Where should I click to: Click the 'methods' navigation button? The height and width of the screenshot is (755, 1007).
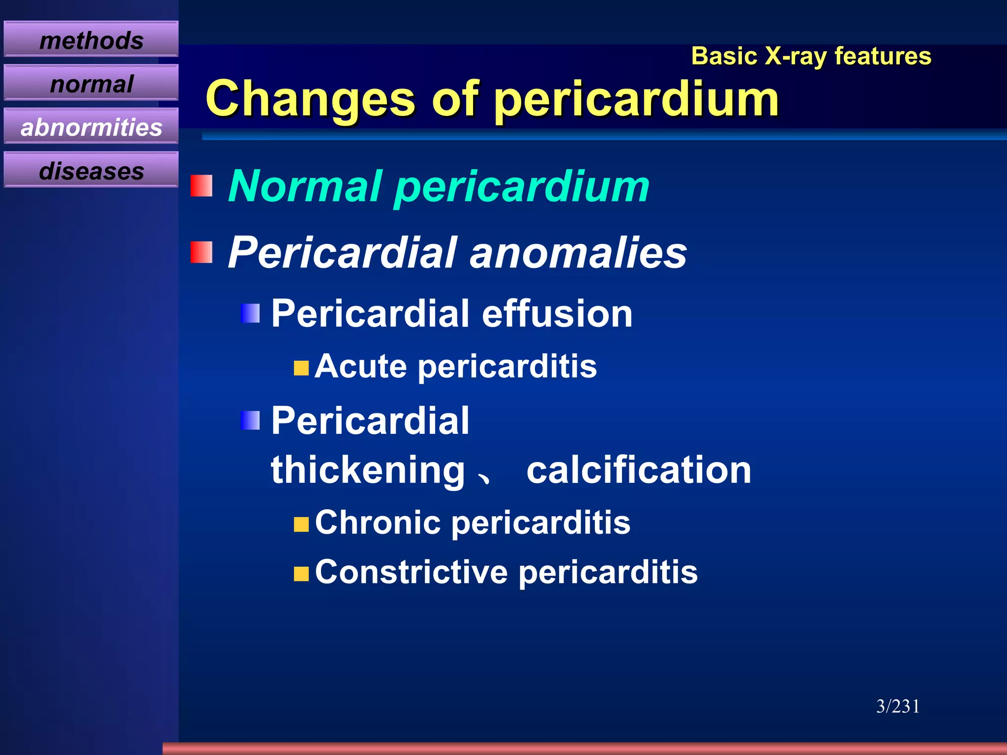(91, 40)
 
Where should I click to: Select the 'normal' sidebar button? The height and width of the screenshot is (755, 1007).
(91, 84)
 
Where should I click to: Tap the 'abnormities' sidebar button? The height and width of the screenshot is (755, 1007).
(91, 127)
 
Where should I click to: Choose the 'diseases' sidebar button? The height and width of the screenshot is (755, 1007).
(91, 171)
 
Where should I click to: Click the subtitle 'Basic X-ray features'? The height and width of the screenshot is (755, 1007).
(811, 56)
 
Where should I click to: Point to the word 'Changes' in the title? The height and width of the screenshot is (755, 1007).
(310, 99)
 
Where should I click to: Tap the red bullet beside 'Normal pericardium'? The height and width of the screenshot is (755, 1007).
(202, 186)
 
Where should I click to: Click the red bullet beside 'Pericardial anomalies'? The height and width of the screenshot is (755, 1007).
(202, 252)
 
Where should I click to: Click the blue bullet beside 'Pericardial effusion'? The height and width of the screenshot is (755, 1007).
(251, 313)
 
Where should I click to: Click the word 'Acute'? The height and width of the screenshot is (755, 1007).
(361, 366)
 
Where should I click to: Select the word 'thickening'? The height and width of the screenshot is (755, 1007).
(368, 470)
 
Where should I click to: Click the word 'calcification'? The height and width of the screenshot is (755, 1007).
(639, 470)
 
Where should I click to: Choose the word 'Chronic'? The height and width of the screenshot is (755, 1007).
(377, 522)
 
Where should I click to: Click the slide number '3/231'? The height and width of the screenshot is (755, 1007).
(898, 706)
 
